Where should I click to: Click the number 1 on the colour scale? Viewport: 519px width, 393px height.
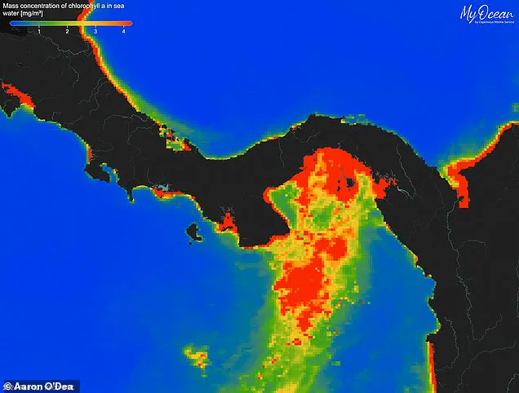[x=38, y=30]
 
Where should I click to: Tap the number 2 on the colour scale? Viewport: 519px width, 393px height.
[x=67, y=30]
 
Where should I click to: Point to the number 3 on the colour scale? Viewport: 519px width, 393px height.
[x=95, y=30]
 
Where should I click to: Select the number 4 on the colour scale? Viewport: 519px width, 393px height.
[x=123, y=30]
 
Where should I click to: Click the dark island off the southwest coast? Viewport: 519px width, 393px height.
[x=194, y=233]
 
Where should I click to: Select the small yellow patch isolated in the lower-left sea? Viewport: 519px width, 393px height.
[x=196, y=356]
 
